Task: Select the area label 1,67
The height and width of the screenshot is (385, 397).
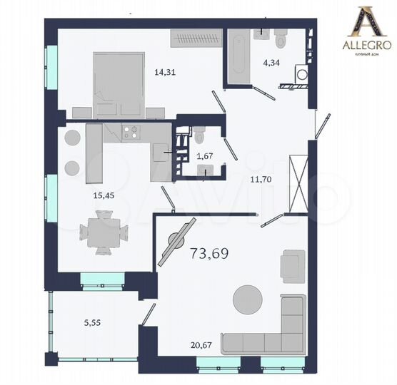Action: pyautogui.click(x=205, y=156)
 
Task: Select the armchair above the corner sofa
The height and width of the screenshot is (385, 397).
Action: pyautogui.click(x=293, y=265)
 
